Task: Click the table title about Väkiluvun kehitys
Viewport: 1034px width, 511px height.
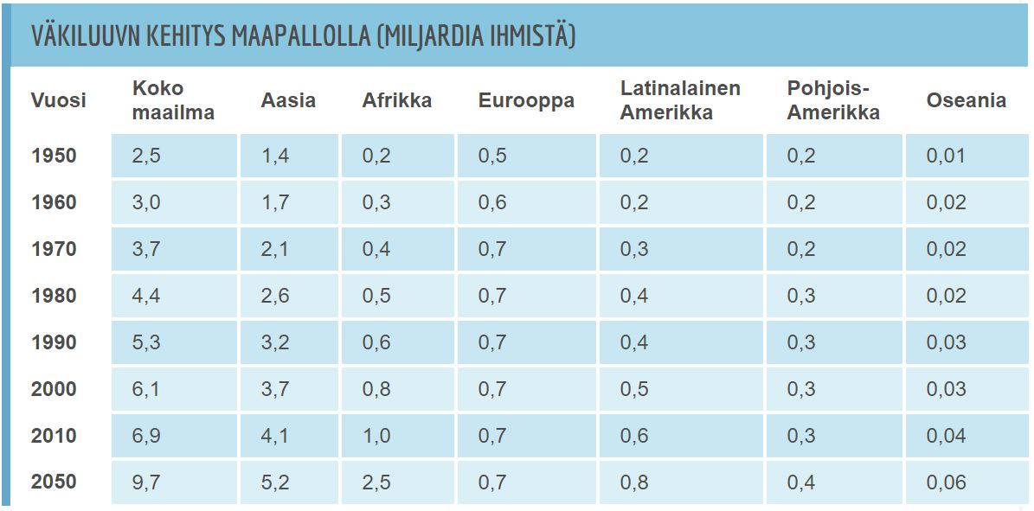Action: [303, 36]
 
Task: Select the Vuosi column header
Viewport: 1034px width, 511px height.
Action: [59, 100]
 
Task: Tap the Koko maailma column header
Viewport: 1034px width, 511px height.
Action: [173, 100]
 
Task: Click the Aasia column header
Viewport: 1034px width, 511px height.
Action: [288, 100]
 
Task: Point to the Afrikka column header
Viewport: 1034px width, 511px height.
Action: [396, 100]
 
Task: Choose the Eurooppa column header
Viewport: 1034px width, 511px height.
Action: [526, 100]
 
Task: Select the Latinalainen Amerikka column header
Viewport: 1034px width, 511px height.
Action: [680, 100]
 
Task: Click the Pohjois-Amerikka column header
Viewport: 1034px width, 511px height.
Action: [833, 100]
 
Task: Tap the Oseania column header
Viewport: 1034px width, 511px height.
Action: [966, 100]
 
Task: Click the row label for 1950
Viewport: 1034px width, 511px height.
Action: [54, 156]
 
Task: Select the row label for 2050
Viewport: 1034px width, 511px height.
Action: [54, 482]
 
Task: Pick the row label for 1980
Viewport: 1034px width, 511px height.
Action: [54, 296]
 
